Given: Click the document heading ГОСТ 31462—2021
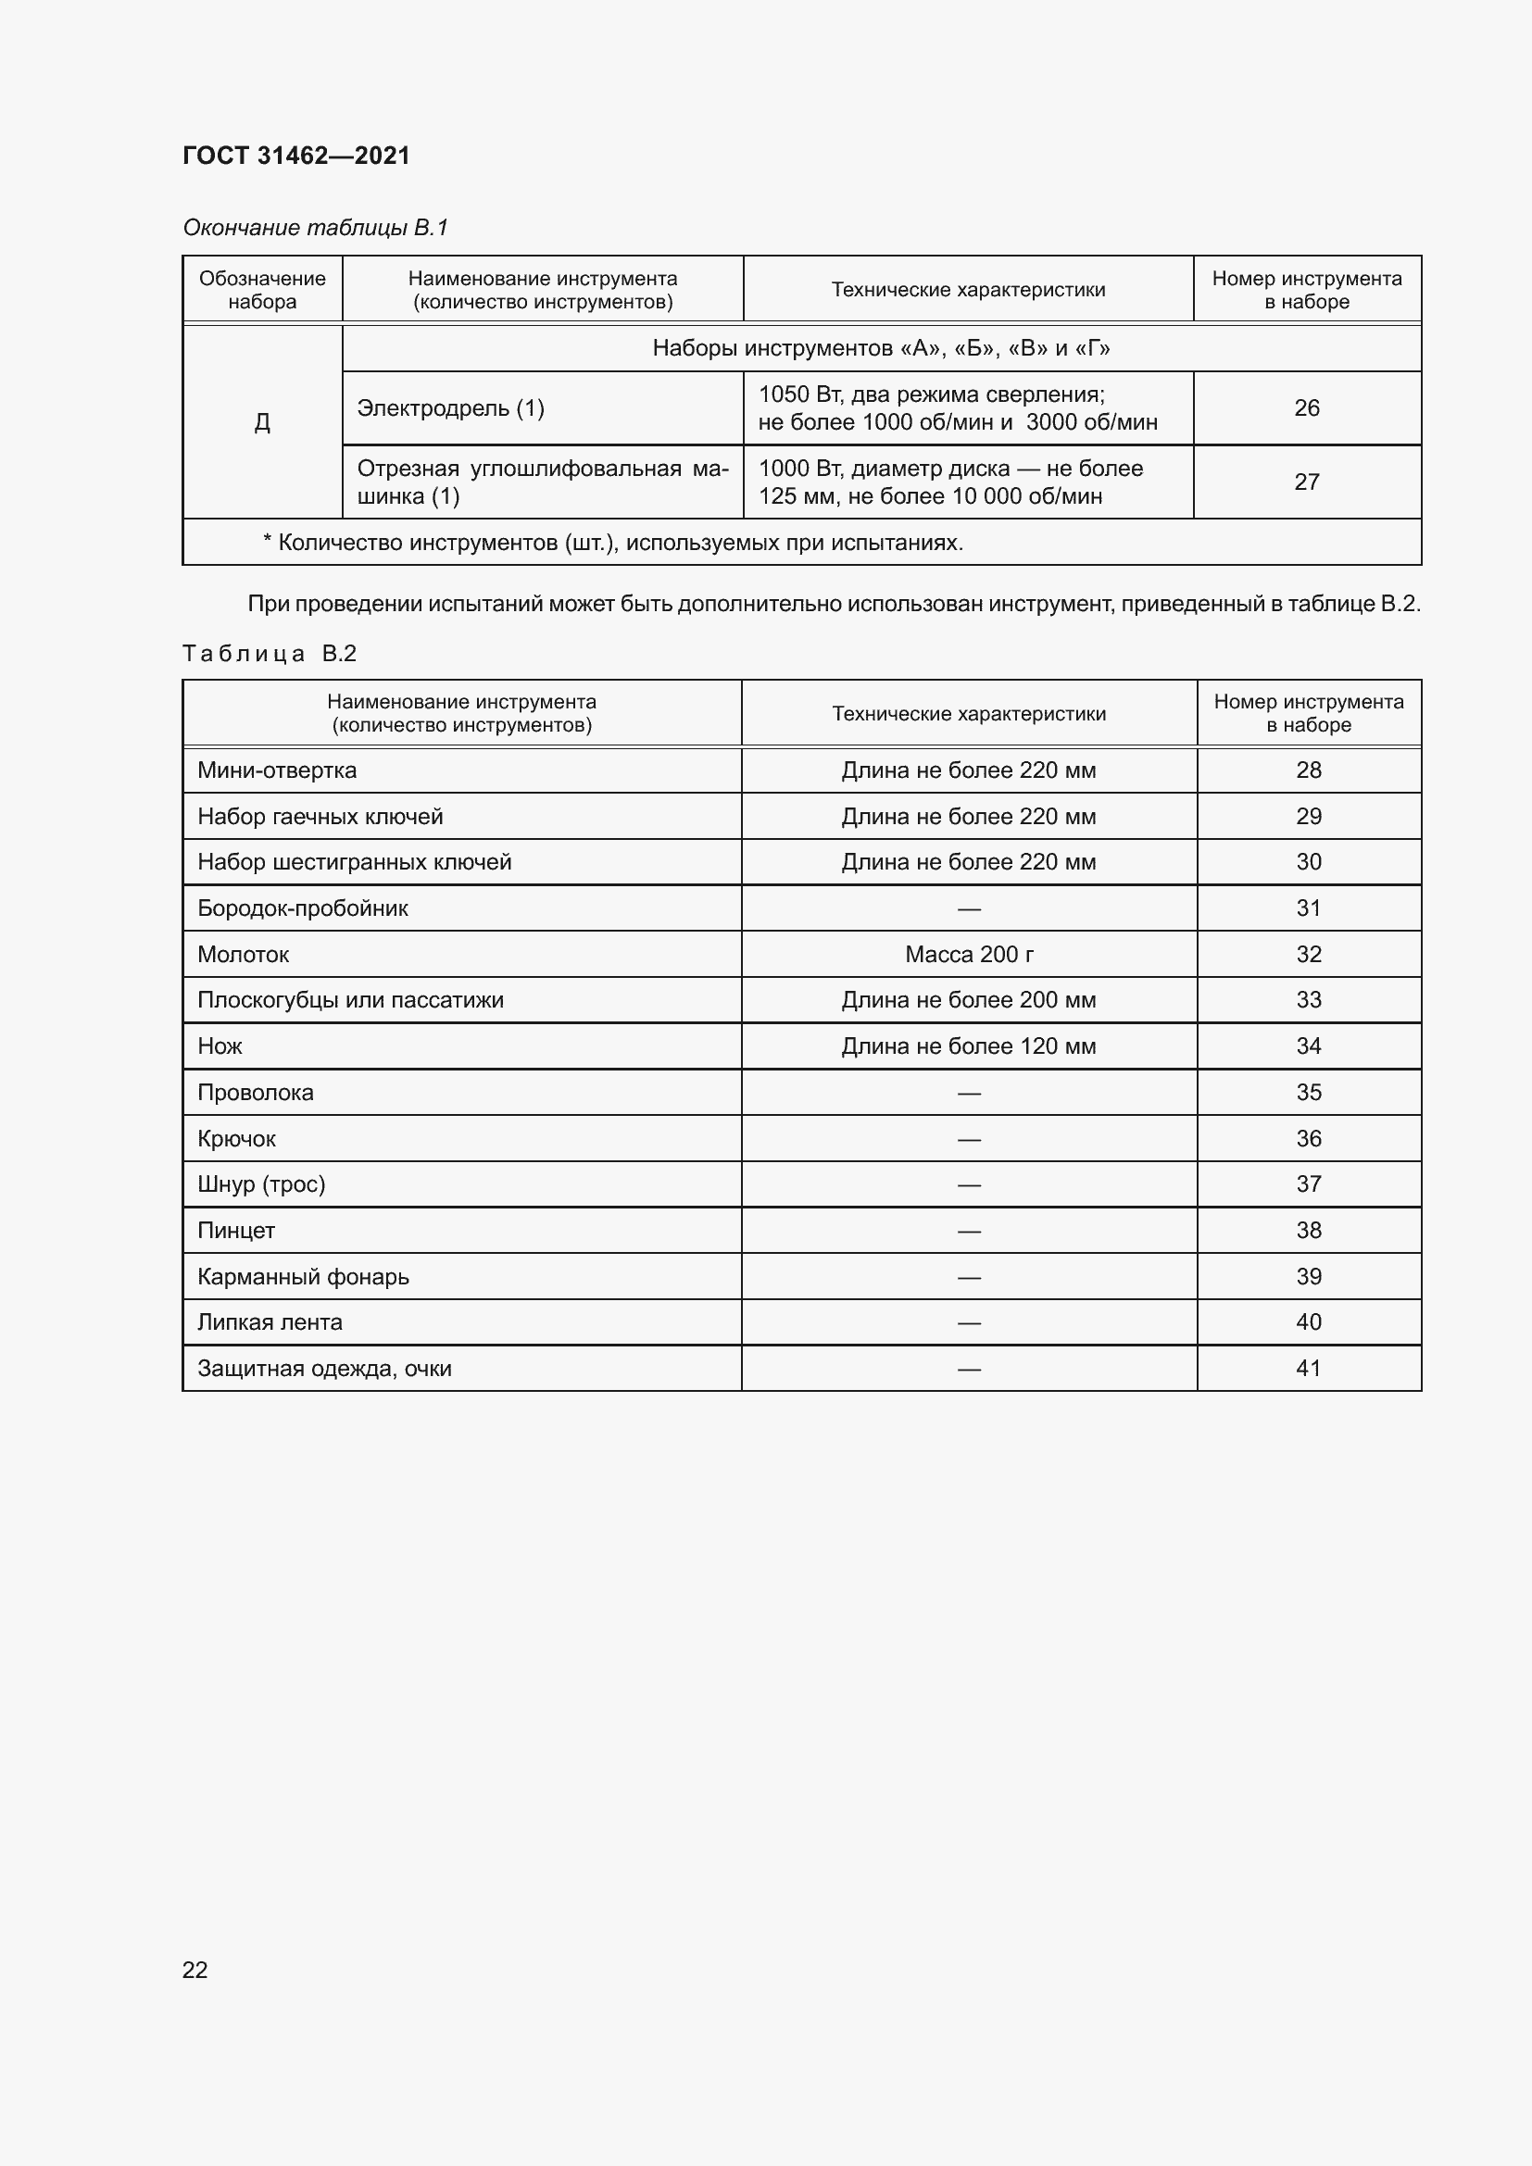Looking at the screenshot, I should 296,156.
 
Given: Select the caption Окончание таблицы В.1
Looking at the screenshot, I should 315,228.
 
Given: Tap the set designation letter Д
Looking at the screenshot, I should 262,422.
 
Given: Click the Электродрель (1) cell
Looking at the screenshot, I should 450,408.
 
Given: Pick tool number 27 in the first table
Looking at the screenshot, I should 1307,482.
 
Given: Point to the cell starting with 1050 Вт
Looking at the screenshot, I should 958,408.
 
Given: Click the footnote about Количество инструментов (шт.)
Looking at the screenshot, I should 613,543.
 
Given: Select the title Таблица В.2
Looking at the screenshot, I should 269,654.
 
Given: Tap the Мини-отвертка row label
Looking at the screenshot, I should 276,770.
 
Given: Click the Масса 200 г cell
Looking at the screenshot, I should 969,955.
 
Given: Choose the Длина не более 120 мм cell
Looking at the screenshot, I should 969,1046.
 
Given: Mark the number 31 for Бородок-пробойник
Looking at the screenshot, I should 1309,908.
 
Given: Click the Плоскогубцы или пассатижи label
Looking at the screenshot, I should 350,1000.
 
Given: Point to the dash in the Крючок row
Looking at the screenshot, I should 969,1140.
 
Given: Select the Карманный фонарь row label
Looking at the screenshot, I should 303,1277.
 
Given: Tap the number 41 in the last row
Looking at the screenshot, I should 1309,1369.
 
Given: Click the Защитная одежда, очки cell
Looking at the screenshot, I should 323,1369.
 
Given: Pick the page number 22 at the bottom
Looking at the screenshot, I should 195,1970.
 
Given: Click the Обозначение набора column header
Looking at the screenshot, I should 262,290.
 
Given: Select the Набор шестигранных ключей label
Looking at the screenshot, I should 354,862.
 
